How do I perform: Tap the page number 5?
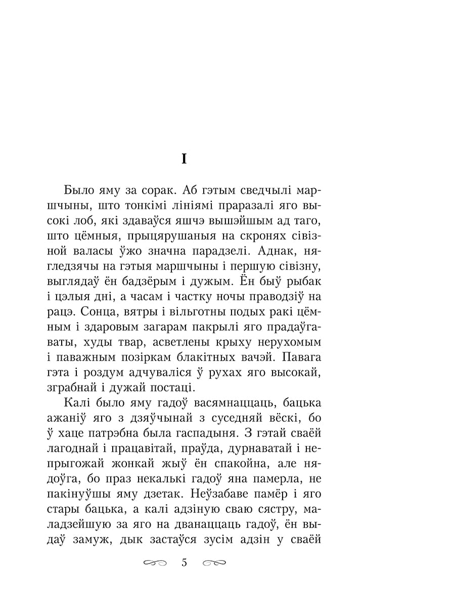pos(184,562)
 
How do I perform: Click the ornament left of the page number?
pos(155,562)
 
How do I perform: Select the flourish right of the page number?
pos(213,562)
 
